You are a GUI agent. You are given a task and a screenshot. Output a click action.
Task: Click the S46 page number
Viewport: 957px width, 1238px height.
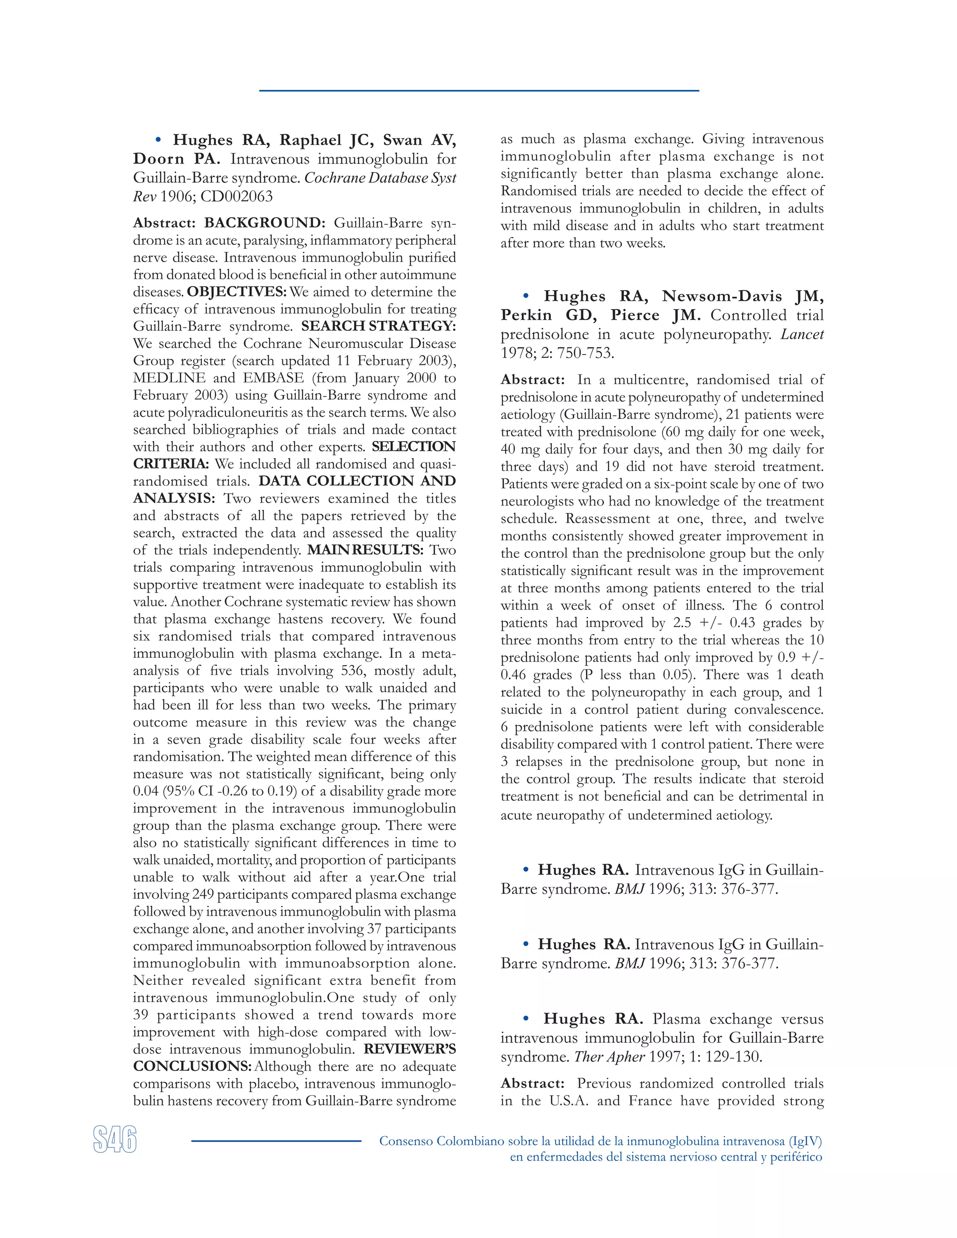[115, 1139]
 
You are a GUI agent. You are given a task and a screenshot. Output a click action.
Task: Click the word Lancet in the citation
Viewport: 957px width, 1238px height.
[802, 334]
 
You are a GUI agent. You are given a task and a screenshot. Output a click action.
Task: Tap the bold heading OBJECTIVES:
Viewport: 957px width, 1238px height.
[237, 292]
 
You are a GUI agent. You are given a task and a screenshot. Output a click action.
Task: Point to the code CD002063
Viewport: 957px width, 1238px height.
[236, 197]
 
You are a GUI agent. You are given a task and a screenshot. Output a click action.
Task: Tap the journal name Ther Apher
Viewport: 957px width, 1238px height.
[609, 1057]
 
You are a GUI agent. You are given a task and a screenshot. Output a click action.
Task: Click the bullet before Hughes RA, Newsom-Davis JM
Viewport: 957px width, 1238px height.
[526, 296]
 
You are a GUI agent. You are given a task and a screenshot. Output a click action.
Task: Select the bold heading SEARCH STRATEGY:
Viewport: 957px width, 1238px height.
[378, 327]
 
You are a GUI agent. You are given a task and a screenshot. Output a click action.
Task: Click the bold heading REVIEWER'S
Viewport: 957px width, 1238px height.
[409, 1049]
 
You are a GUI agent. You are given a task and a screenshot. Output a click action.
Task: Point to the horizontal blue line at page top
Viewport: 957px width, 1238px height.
[478, 91]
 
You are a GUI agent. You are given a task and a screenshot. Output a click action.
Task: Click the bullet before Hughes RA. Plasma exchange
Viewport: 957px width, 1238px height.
[526, 1018]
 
